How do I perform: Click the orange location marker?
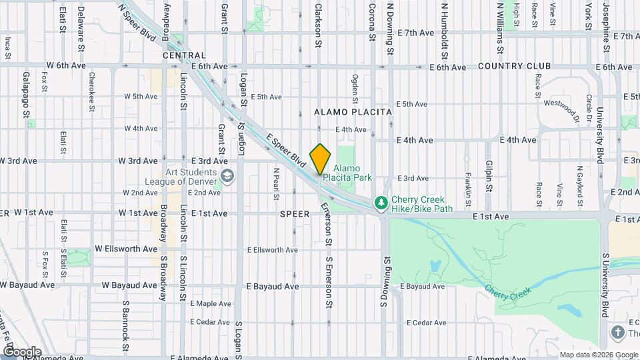click(321, 159)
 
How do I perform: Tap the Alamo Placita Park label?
click(352, 173)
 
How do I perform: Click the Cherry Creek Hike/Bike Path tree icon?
click(380, 201)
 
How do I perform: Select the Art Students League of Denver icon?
click(227, 176)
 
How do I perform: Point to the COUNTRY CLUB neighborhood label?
click(514, 67)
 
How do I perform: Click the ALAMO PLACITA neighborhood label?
click(353, 113)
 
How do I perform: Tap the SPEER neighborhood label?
click(295, 214)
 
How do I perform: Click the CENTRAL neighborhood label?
click(183, 55)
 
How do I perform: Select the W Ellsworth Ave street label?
click(126, 249)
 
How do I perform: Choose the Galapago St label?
click(27, 95)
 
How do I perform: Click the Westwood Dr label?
click(560, 107)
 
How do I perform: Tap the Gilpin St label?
click(489, 176)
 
